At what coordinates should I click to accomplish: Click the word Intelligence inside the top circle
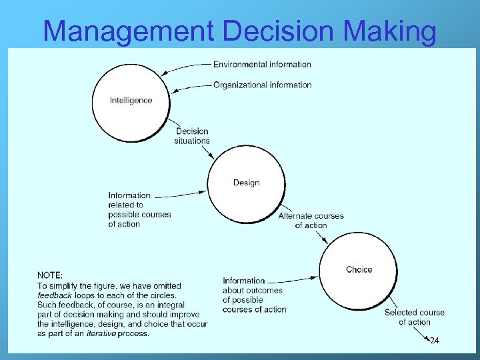(x=131, y=101)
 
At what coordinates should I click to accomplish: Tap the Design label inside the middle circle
(x=246, y=183)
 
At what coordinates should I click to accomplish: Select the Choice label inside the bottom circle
(x=359, y=269)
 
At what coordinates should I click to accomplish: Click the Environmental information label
(x=262, y=65)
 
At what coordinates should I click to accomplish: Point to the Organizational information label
(x=262, y=85)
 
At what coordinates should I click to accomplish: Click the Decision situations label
(x=192, y=136)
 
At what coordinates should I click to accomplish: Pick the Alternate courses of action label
(x=311, y=221)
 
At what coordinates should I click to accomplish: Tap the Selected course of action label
(x=414, y=317)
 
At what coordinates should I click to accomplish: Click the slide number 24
(x=434, y=341)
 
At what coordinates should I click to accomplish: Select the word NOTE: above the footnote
(x=50, y=275)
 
